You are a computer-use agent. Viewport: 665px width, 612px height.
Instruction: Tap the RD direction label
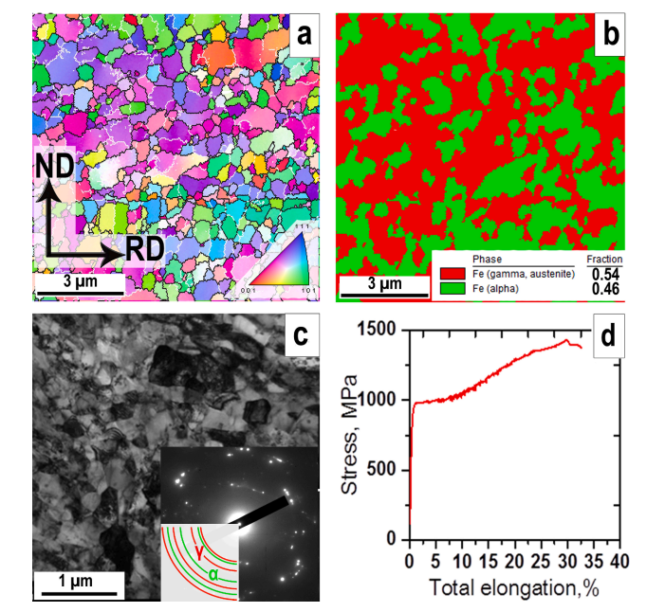(145, 249)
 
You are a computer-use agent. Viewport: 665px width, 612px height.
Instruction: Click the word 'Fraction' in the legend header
(603, 260)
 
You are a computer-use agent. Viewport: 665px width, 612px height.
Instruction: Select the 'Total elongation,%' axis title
(513, 586)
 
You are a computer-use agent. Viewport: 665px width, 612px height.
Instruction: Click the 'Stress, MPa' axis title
(352, 434)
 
